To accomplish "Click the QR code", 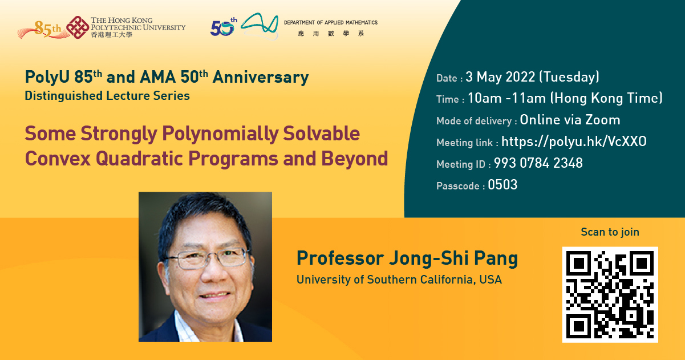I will [610, 294].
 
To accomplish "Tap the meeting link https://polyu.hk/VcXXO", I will [574, 142].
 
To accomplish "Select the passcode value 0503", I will [502, 185].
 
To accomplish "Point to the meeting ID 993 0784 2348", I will [538, 164].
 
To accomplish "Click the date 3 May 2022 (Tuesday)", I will [532, 77].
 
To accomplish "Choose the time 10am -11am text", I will [506, 98].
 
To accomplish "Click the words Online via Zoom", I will [570, 120].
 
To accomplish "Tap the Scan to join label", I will [610, 232].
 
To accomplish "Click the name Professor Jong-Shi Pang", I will [407, 258].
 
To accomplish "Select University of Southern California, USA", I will [399, 280].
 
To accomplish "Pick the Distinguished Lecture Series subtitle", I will [107, 96].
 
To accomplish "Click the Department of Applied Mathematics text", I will [330, 23].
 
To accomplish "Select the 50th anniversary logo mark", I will [222, 27].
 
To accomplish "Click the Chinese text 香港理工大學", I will [111, 35].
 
